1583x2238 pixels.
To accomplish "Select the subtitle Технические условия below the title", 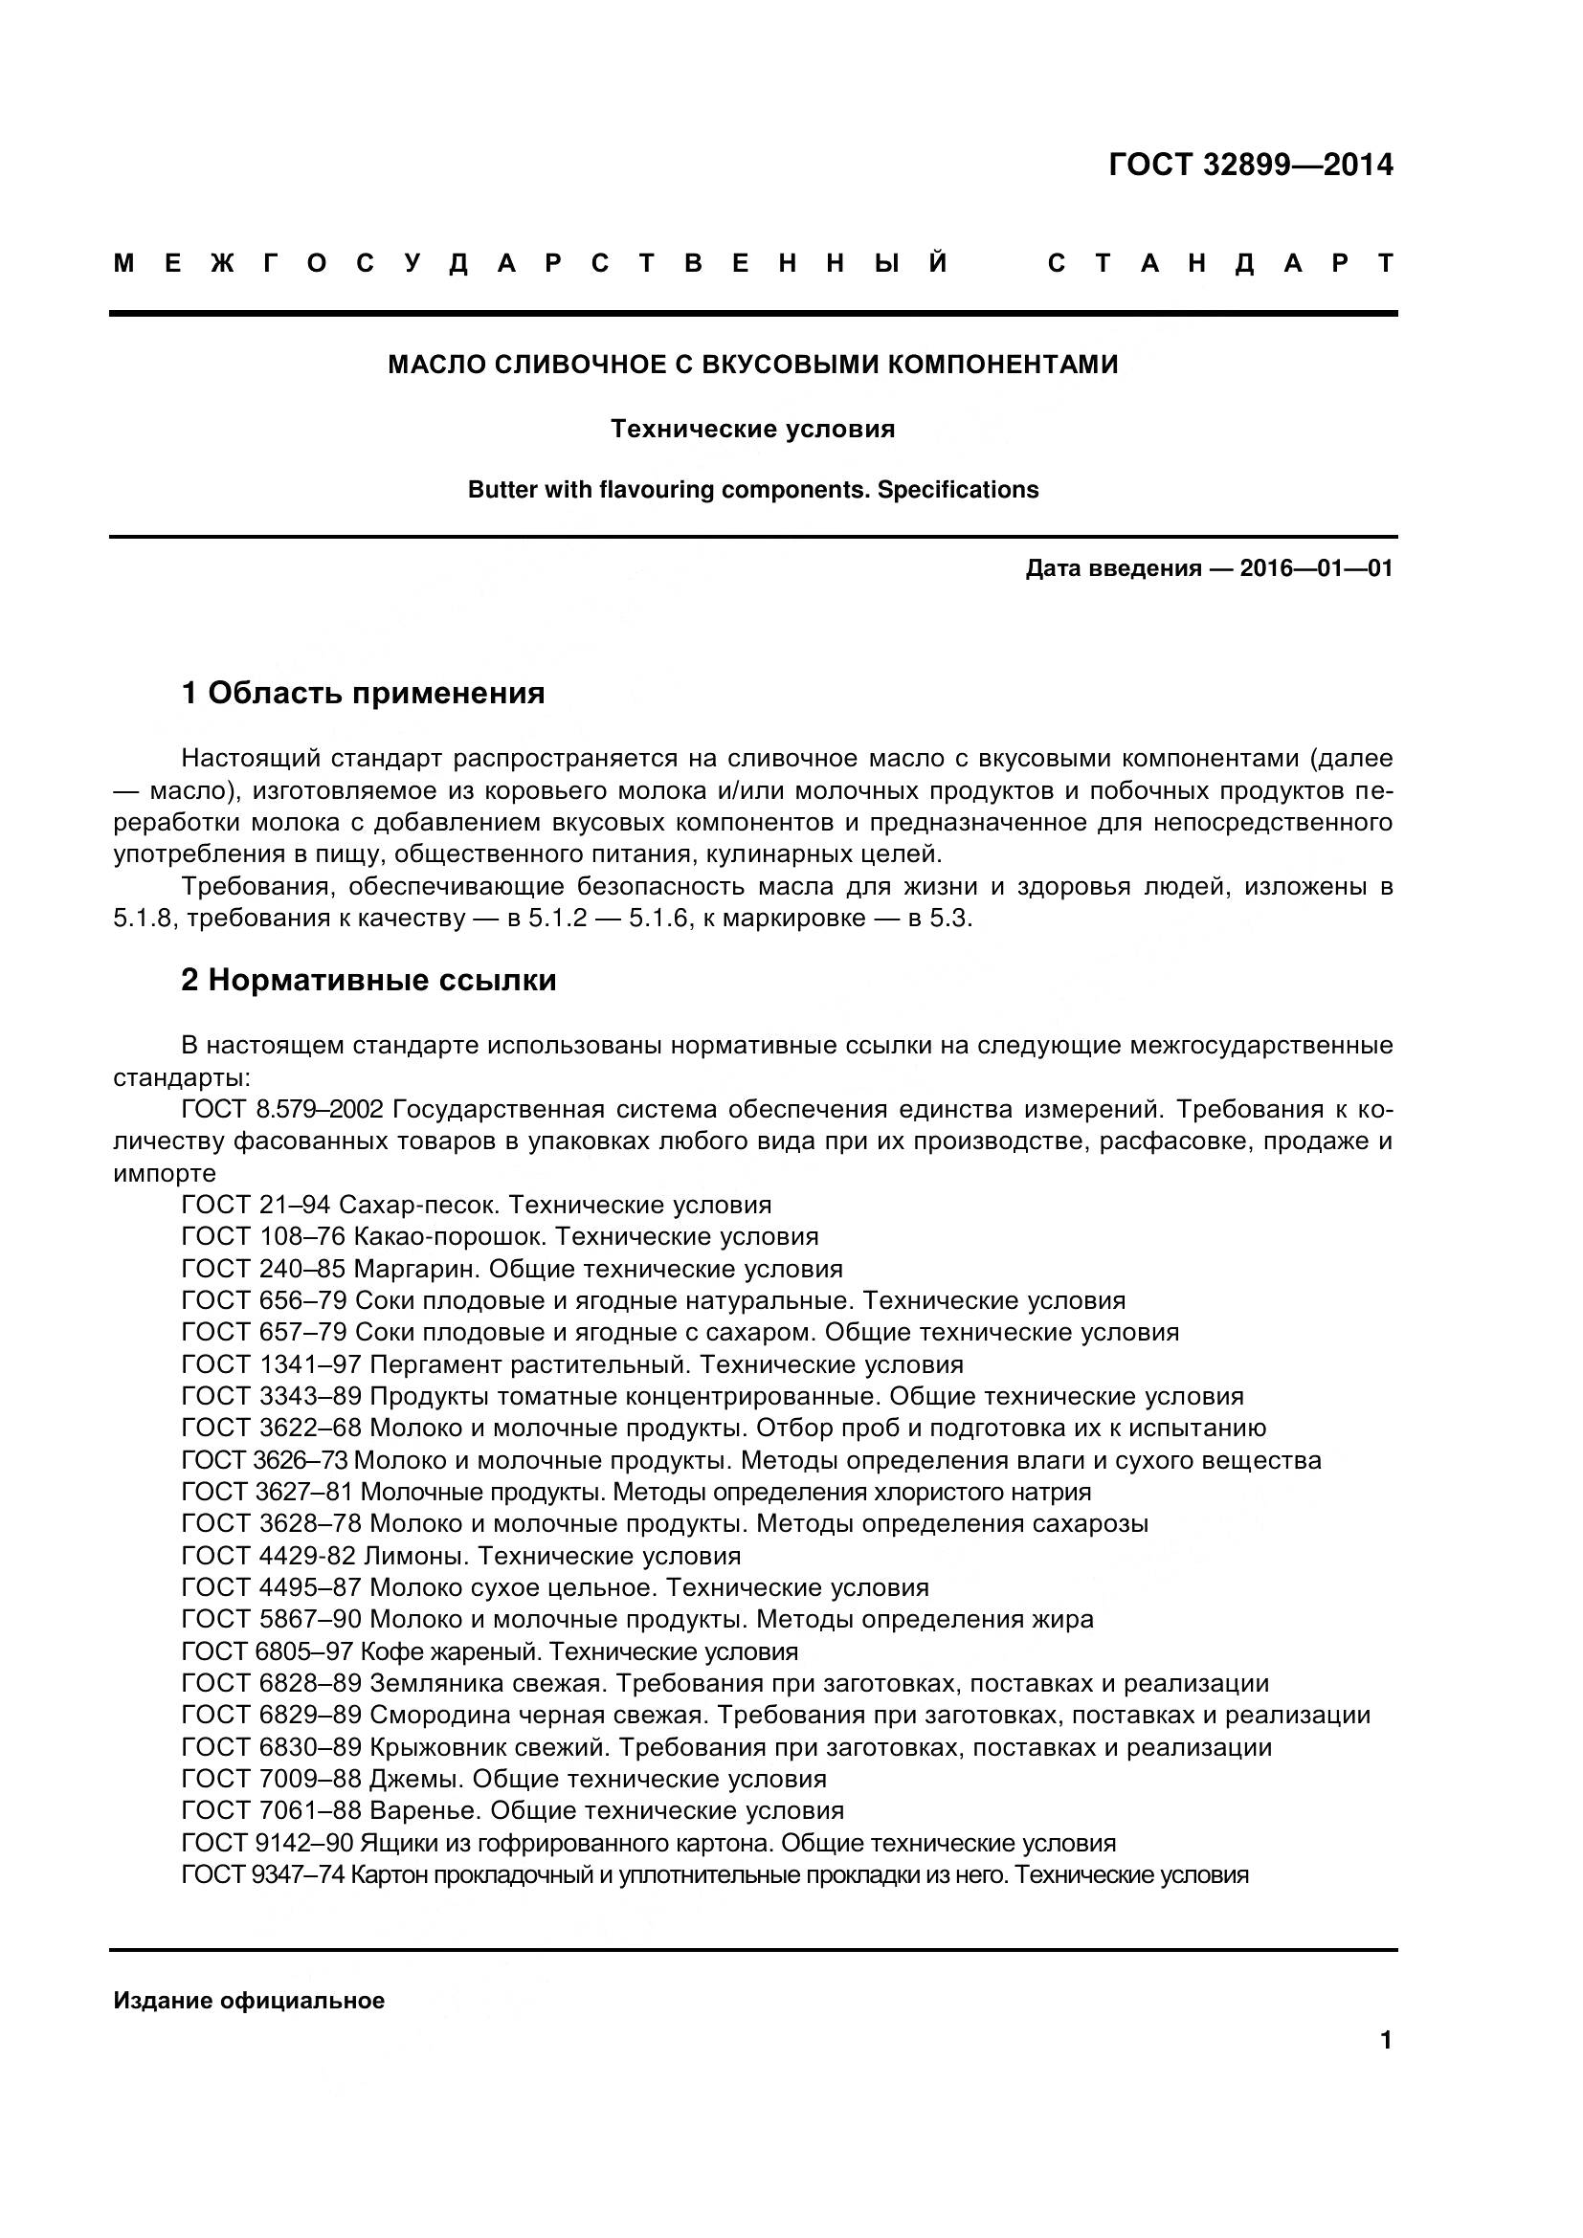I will (x=752, y=429).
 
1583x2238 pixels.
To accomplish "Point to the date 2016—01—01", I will (x=1316, y=568).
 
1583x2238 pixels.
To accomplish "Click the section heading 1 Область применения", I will (x=363, y=693).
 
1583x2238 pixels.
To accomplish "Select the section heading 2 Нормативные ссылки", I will (x=368, y=980).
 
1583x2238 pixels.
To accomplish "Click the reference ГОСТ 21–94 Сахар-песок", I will (x=341, y=1205).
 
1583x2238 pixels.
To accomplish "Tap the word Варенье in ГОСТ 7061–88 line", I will (x=424, y=1810).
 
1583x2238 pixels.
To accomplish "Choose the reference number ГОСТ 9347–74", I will (x=262, y=1874).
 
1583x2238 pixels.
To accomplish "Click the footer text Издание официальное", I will (x=249, y=2001).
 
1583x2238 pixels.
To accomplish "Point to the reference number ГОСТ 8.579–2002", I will (x=283, y=1109).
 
